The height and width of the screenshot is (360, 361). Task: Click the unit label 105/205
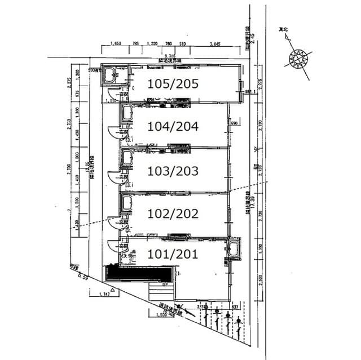click(173, 83)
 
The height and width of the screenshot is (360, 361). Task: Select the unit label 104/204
click(173, 127)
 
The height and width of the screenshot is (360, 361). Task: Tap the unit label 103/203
click(173, 170)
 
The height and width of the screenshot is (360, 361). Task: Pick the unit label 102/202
click(173, 214)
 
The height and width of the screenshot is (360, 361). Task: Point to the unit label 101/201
click(173, 254)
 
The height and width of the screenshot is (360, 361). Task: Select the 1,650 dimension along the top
click(117, 43)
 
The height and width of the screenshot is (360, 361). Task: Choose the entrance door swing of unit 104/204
click(115, 132)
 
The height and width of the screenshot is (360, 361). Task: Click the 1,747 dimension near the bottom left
click(103, 295)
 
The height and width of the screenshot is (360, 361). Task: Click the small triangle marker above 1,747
click(113, 290)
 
